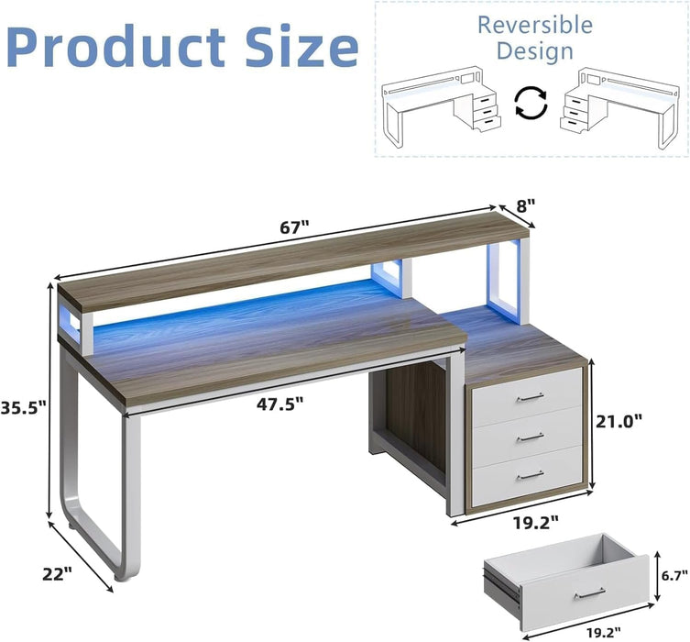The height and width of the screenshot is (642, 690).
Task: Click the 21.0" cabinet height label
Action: [x=619, y=420]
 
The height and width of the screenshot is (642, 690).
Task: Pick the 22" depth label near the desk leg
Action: [x=56, y=573]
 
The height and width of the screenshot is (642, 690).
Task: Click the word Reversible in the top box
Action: [x=534, y=24]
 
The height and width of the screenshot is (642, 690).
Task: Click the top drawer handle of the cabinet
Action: [x=529, y=397]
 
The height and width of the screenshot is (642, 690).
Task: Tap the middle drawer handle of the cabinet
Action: [x=529, y=437]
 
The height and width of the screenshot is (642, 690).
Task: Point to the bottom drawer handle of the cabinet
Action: [x=529, y=474]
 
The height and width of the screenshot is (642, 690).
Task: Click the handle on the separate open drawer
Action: [x=588, y=595]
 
